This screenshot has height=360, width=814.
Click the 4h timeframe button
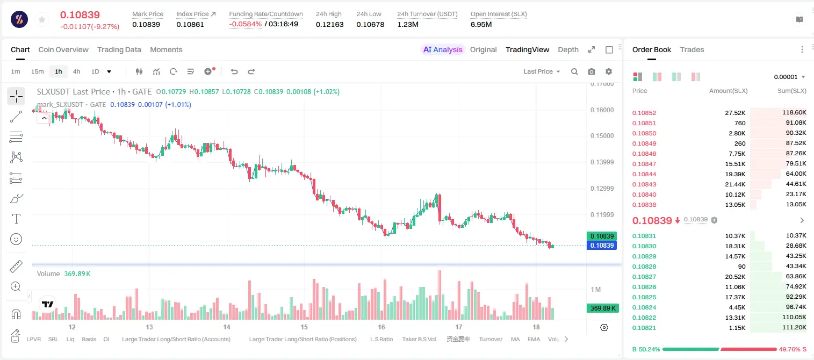click(76, 71)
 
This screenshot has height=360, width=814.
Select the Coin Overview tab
click(63, 49)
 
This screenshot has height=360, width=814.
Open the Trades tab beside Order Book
click(692, 49)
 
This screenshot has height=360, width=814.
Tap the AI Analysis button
click(443, 49)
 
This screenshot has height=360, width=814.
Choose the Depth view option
click(568, 49)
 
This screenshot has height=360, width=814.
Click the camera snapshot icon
click(592, 71)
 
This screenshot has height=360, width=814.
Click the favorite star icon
click(42, 20)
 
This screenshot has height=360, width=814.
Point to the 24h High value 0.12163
click(329, 24)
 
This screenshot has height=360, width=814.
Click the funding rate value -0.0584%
click(246, 24)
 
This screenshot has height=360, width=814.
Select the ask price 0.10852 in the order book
click(644, 113)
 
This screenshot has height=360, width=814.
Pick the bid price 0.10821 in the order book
click(644, 328)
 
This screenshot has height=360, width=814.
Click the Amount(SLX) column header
click(728, 91)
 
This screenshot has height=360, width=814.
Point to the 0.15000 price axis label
click(602, 136)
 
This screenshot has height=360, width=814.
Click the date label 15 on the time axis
click(304, 327)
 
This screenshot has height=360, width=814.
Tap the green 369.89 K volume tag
click(603, 308)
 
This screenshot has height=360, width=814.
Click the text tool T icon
click(16, 219)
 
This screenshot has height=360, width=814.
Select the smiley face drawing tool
click(16, 239)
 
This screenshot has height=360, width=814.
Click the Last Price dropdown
click(542, 71)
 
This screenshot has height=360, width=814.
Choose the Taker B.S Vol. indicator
click(419, 339)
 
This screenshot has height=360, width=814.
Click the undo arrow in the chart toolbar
click(234, 71)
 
